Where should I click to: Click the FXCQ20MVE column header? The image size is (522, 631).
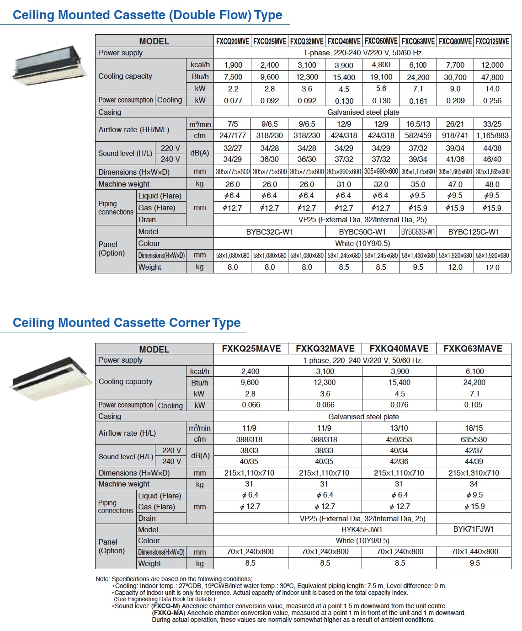(x=233, y=41)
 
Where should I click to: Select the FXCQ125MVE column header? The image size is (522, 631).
(x=492, y=41)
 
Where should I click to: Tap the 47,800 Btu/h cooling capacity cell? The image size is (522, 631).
(x=492, y=77)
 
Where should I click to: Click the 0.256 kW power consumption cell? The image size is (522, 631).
(x=492, y=101)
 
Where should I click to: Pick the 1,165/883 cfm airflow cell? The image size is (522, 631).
(x=492, y=135)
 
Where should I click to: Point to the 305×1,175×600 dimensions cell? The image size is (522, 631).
(x=418, y=172)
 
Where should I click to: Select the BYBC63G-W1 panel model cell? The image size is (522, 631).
(x=418, y=232)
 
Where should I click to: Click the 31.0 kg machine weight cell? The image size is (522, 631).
(x=344, y=184)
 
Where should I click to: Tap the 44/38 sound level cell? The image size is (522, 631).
(x=492, y=148)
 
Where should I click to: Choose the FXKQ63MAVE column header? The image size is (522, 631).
(x=473, y=348)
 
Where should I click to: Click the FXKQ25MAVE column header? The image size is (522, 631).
(x=251, y=348)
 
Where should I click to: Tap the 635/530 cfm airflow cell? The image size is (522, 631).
(x=474, y=439)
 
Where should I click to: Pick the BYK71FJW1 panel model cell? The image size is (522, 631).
(x=474, y=529)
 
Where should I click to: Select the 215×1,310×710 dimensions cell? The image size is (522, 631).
(x=474, y=473)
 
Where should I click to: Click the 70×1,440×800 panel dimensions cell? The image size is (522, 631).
(x=474, y=551)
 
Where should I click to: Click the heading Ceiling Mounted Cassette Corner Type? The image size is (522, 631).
(x=127, y=323)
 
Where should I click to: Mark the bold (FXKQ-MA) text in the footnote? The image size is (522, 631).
(x=168, y=613)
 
